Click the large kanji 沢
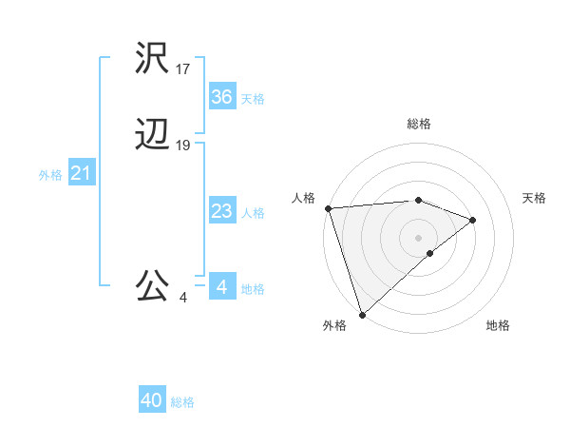(x=153, y=59)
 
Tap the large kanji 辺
(x=153, y=135)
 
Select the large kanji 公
(x=153, y=284)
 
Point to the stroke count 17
(x=183, y=69)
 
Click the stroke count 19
(x=183, y=146)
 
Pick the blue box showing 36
(x=221, y=97)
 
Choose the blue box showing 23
(x=221, y=212)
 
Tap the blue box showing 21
(x=81, y=174)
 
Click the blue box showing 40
(x=151, y=401)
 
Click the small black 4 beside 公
(x=183, y=298)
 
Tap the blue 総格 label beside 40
(x=182, y=402)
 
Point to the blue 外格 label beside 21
(x=50, y=175)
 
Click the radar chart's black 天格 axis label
(x=534, y=198)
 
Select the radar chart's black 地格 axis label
(x=498, y=326)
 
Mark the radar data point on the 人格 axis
(x=327, y=208)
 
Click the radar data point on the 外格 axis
(x=361, y=315)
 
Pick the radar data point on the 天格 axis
(x=473, y=220)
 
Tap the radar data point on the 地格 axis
(x=430, y=253)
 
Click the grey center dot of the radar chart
(x=418, y=237)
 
